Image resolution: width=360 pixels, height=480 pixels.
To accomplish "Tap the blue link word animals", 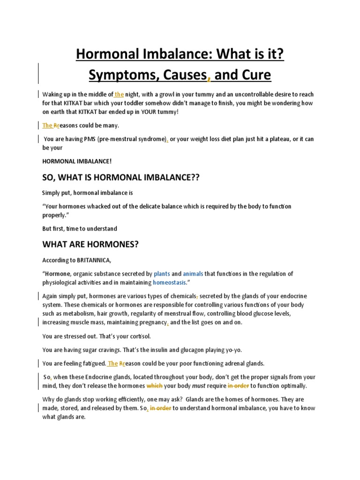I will pyautogui.click(x=193, y=274).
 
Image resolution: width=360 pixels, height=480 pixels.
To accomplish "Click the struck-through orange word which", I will pyautogui.click(x=154, y=386).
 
